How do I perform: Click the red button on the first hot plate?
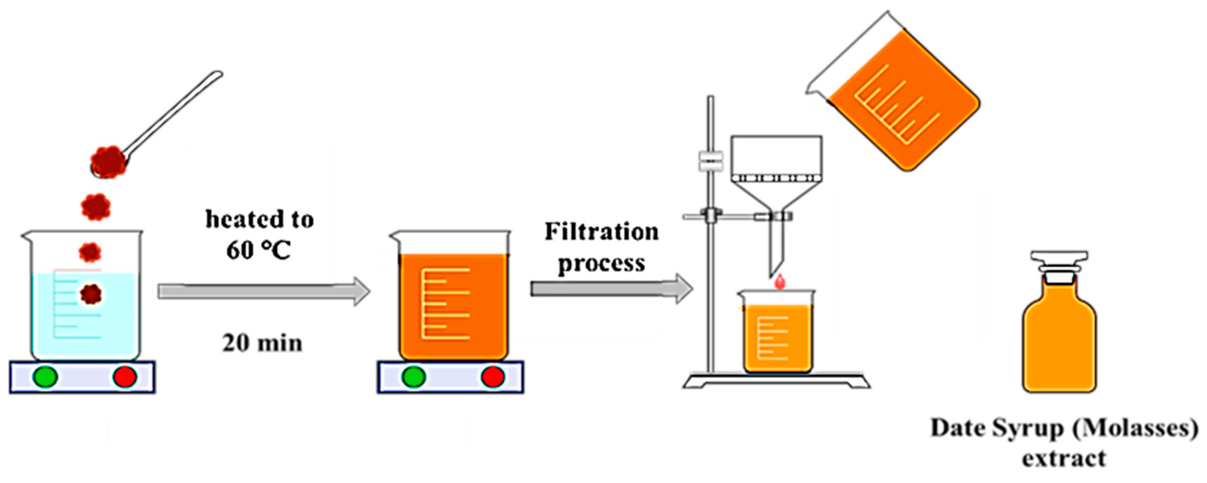point(125,377)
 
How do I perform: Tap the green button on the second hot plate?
point(414,377)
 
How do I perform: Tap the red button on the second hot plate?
point(493,377)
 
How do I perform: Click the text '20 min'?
point(262,343)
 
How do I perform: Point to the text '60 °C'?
point(258,250)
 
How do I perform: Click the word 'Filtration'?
point(601,232)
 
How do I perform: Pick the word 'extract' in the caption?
point(1064,458)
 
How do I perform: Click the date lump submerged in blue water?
point(91,294)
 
